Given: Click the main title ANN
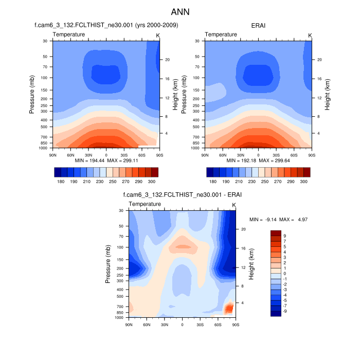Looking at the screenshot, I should click(180, 11).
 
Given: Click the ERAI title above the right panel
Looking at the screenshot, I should click(258, 25).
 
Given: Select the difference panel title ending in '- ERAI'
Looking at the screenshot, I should click(182, 195).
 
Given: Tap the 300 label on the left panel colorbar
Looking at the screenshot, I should click(151, 182).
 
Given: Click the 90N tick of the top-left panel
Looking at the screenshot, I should click(52, 154).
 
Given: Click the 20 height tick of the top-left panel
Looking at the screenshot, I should click(168, 60).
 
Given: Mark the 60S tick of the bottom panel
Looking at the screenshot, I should click(218, 325).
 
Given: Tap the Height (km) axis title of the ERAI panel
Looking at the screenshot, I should click(328, 94).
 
